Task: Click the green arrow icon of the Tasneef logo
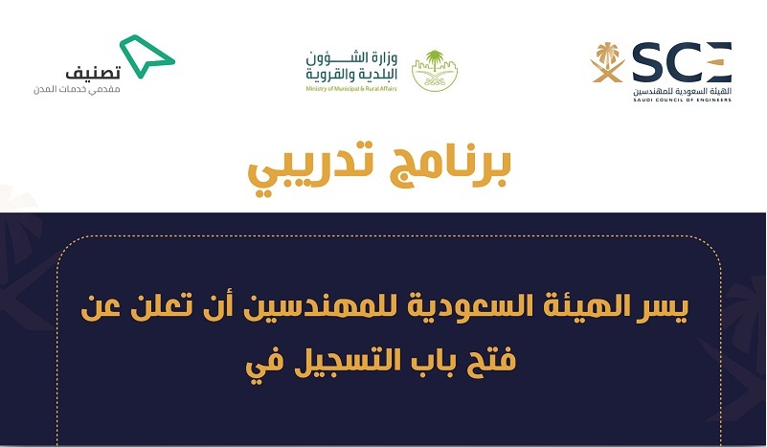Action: tap(146, 57)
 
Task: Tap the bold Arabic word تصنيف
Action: tap(93, 73)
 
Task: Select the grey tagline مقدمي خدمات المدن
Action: tap(77, 90)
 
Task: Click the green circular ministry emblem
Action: tap(435, 71)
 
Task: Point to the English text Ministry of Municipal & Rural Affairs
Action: tap(351, 88)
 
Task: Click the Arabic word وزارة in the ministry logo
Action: tap(384, 59)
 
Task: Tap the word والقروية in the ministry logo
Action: tap(326, 75)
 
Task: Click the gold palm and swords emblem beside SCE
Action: tap(607, 62)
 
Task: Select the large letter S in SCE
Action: tap(647, 62)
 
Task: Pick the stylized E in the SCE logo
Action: tap(717, 62)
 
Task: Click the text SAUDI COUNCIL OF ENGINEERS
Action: tap(682, 100)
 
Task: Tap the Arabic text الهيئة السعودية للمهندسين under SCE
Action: tap(682, 92)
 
